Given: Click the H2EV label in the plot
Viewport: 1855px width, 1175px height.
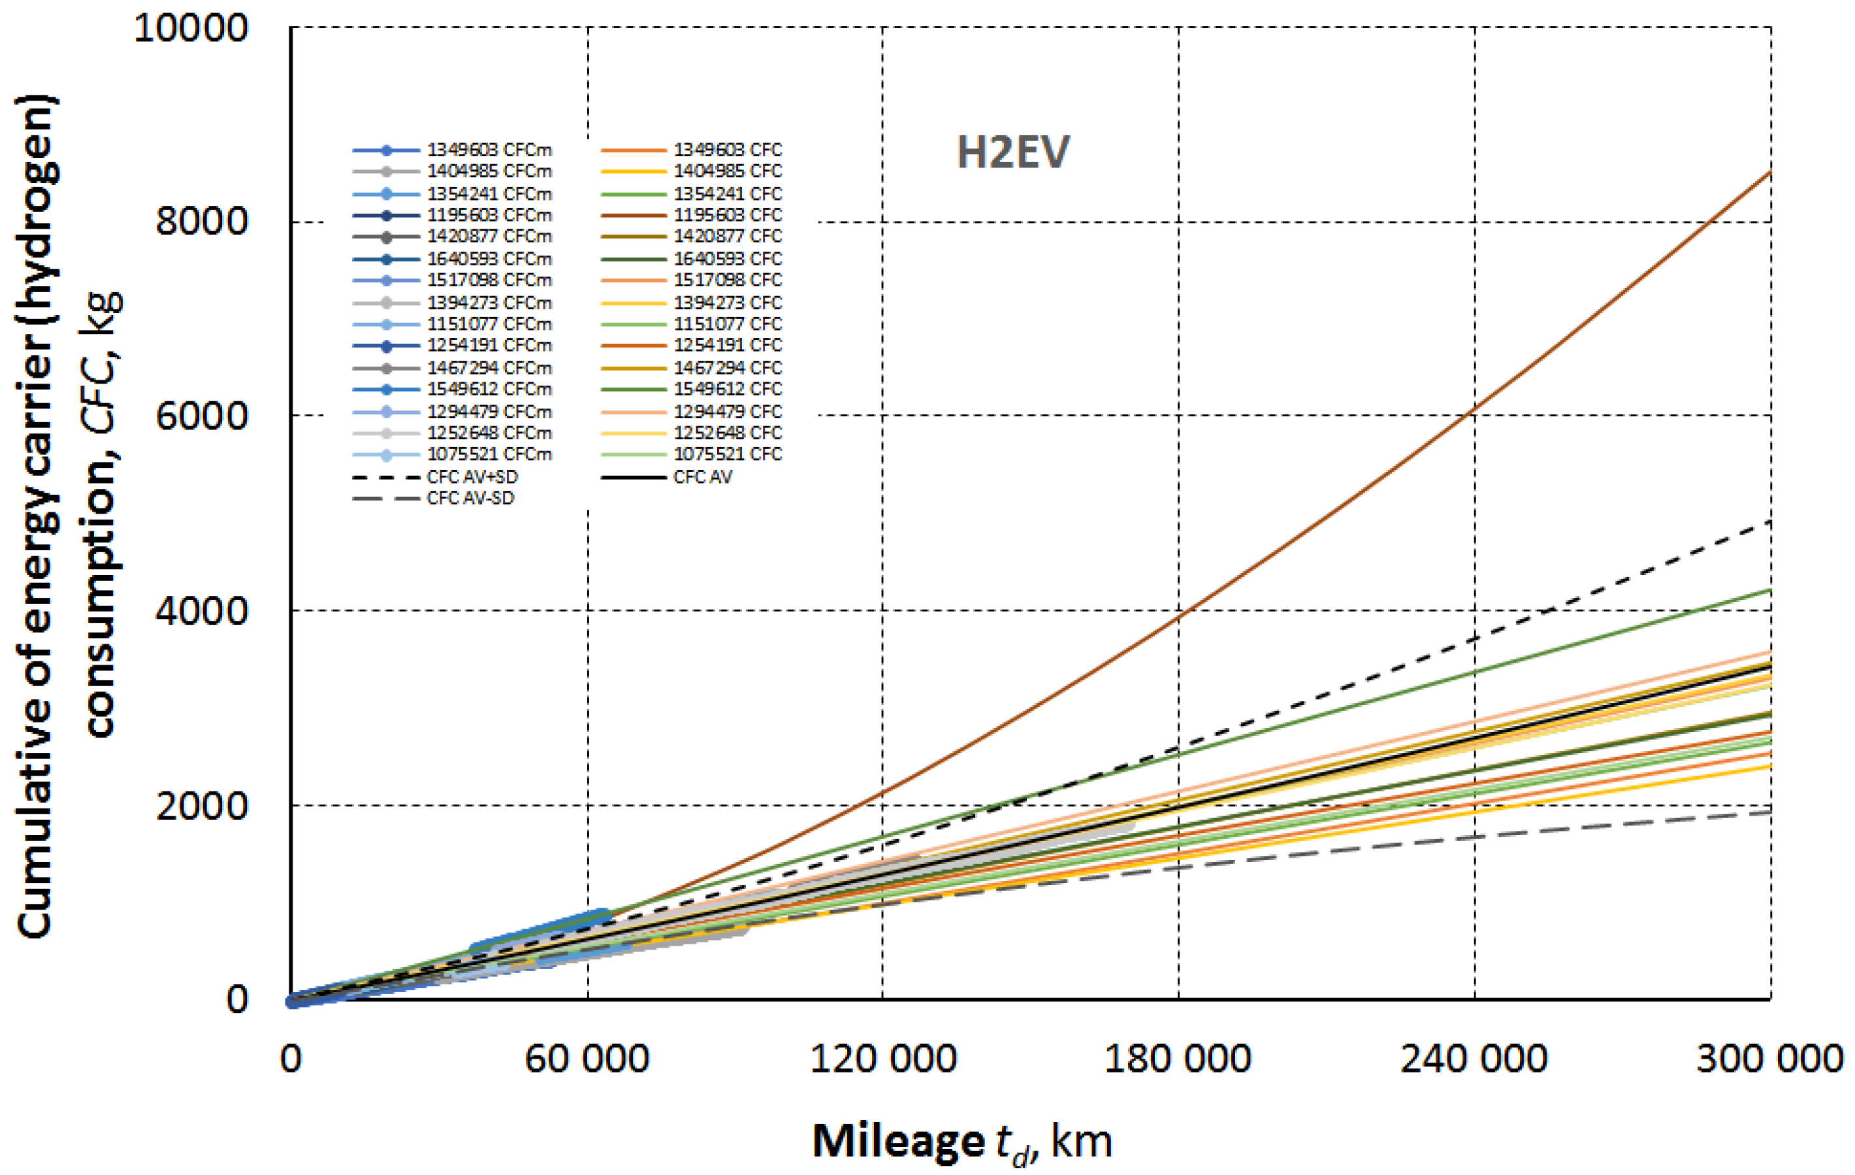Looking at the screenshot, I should (x=1012, y=152).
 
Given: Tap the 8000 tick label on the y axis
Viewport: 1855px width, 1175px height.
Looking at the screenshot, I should (x=202, y=222).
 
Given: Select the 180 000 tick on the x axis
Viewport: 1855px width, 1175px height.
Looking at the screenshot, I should (x=1177, y=1059).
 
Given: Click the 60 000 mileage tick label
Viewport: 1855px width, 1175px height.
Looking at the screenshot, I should (x=587, y=1059).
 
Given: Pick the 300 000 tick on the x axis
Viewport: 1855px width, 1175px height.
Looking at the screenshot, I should (x=1769, y=1059).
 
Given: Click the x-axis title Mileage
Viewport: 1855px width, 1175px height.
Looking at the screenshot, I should (x=898, y=1141).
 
